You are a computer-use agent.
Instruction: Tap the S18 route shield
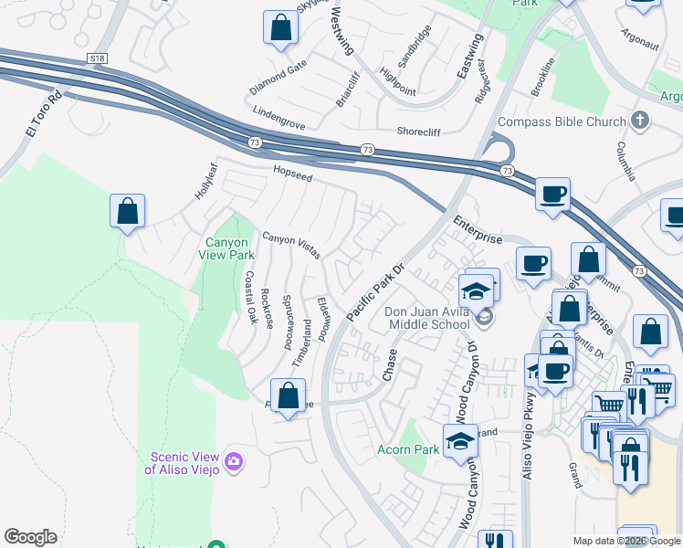98,58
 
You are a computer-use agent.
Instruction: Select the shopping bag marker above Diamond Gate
281,27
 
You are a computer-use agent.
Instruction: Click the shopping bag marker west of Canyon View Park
128,211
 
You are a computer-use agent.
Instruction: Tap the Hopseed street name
293,170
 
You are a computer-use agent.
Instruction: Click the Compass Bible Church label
561,121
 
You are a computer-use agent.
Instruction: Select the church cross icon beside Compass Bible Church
640,121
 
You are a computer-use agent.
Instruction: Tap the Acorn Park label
408,449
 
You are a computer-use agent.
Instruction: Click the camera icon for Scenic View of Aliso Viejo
234,462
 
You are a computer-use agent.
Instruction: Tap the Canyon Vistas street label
290,245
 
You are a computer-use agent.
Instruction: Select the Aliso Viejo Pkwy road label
528,424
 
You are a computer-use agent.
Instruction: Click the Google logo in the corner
30,537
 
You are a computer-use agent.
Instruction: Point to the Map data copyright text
626,541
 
